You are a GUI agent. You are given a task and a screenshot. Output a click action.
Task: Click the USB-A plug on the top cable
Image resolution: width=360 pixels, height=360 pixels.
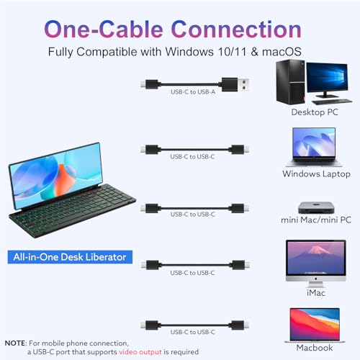click(x=235, y=84)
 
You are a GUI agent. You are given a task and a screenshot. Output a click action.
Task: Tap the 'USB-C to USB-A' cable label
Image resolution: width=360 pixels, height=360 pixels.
click(x=193, y=92)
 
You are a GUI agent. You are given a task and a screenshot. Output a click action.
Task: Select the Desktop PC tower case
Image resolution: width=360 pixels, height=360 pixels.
click(x=291, y=82)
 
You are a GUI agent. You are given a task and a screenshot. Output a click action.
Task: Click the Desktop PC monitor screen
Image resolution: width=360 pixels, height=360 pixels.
click(x=327, y=77)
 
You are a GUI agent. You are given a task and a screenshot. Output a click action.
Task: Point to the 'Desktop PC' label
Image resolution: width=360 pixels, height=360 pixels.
click(x=315, y=112)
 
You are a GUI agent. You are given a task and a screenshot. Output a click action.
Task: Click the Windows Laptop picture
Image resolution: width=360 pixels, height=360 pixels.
click(x=314, y=147)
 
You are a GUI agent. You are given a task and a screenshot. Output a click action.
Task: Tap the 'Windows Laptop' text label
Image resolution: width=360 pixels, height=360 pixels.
click(x=316, y=174)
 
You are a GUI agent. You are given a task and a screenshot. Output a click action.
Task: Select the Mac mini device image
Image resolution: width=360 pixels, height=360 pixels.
click(x=316, y=207)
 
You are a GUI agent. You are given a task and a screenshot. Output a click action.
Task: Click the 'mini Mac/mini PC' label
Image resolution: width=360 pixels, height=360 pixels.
click(x=316, y=220)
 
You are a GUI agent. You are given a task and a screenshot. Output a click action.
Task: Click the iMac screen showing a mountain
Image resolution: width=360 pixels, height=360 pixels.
click(x=316, y=258)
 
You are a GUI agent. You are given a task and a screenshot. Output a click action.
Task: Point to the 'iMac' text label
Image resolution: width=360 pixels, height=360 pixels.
click(x=316, y=293)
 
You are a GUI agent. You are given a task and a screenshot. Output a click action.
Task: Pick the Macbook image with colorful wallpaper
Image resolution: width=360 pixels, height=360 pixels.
click(x=315, y=325)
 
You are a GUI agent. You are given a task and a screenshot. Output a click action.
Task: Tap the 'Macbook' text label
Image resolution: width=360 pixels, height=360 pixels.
click(x=315, y=348)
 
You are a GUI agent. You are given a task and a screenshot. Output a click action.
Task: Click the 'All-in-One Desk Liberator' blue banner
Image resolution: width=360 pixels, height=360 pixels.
click(x=70, y=257)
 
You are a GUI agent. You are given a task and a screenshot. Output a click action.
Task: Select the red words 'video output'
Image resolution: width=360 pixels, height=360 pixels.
click(x=140, y=352)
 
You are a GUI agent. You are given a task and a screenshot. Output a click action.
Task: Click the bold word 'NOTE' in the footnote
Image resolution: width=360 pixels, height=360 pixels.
click(x=14, y=343)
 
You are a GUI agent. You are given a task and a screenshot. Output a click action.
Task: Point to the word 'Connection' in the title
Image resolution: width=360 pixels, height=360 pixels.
click(x=236, y=30)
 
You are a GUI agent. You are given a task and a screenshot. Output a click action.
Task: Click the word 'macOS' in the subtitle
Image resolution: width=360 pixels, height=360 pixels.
click(x=282, y=52)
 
